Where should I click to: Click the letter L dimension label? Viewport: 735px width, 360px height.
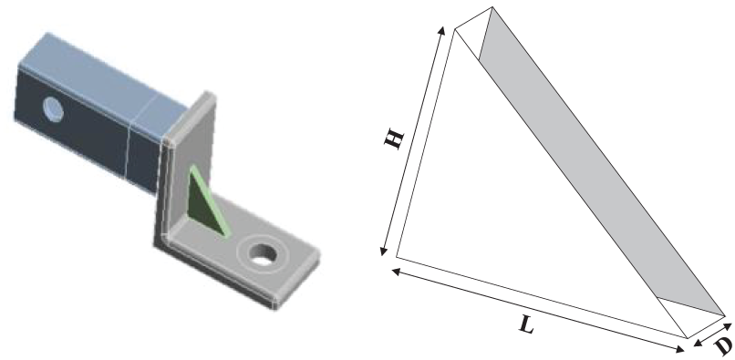(x=527, y=324)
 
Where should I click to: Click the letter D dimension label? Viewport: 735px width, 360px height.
(x=724, y=345)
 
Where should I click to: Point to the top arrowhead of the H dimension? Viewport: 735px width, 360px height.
(x=441, y=30)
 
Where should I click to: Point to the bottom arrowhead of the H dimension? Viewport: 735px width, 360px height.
(x=383, y=252)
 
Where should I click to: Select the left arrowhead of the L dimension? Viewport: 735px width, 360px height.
(x=395, y=271)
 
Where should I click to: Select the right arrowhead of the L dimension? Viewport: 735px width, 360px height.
(x=679, y=349)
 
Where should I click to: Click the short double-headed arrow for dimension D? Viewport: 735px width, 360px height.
(x=712, y=334)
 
